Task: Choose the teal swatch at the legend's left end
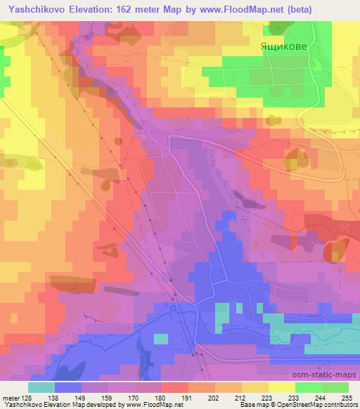[x=41, y=387]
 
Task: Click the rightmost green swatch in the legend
[x=335, y=387]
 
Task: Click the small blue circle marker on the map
[x=172, y=307]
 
